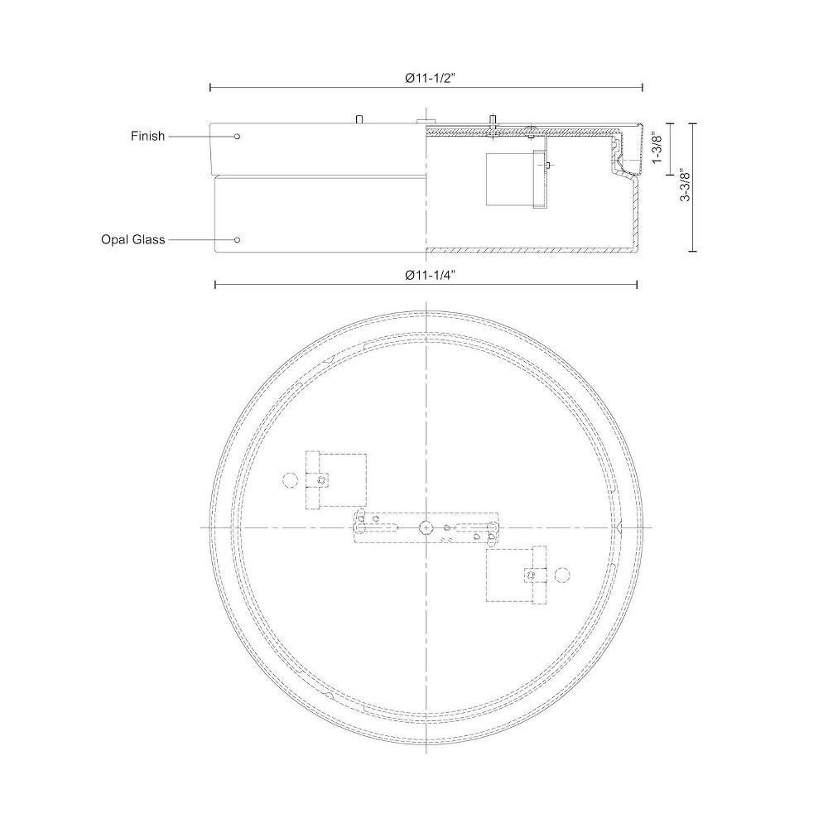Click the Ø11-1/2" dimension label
430,78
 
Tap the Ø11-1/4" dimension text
430,275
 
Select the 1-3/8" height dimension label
657,149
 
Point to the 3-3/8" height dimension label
685,185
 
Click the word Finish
148,137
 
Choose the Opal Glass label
133,240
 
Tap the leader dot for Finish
237,137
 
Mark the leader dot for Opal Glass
237,240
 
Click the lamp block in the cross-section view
509,179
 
